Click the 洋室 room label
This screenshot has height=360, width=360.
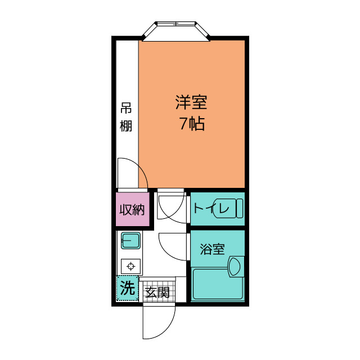click(x=192, y=103)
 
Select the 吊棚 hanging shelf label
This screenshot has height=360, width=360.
click(x=126, y=117)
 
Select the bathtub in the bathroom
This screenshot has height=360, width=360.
click(x=218, y=285)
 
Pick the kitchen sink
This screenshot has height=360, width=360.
click(x=130, y=241)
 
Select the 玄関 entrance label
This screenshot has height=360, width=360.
click(x=157, y=292)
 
